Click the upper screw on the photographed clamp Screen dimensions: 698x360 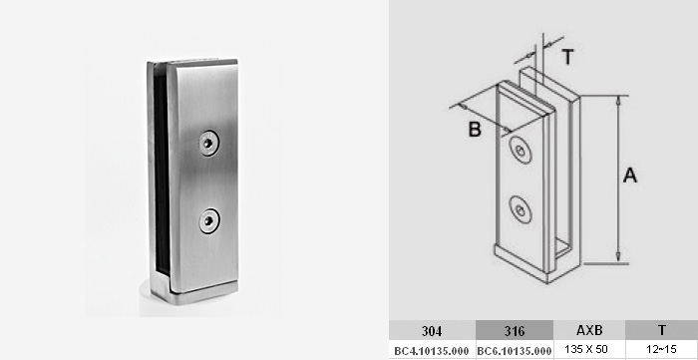point(208,143)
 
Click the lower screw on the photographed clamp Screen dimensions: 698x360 point(208,220)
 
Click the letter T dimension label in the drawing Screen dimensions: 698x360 point(567,58)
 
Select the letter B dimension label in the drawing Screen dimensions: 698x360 point(475,130)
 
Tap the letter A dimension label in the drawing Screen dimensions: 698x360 point(630,176)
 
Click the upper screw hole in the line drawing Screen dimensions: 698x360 point(521,151)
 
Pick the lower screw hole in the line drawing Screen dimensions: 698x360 point(521,209)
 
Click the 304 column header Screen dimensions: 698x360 point(432,331)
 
